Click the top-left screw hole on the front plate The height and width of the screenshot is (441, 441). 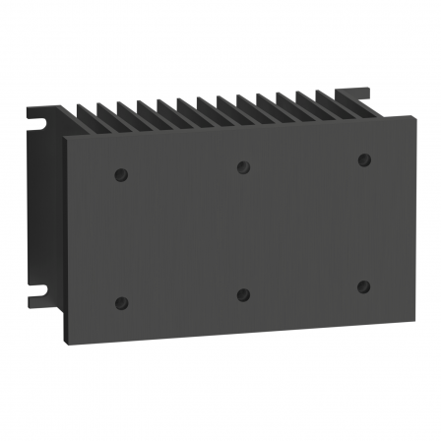pyautogui.click(x=121, y=174)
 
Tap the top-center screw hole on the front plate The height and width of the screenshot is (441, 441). pyautogui.click(x=242, y=166)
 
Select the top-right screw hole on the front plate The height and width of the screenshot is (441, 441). pyautogui.click(x=363, y=158)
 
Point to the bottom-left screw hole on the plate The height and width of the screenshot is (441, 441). pyautogui.click(x=121, y=302)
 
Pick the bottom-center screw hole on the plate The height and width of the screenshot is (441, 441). pyautogui.click(x=242, y=294)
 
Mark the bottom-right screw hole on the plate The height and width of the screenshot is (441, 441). pyautogui.click(x=363, y=286)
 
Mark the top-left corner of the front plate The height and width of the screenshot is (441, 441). pyautogui.click(x=67, y=138)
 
